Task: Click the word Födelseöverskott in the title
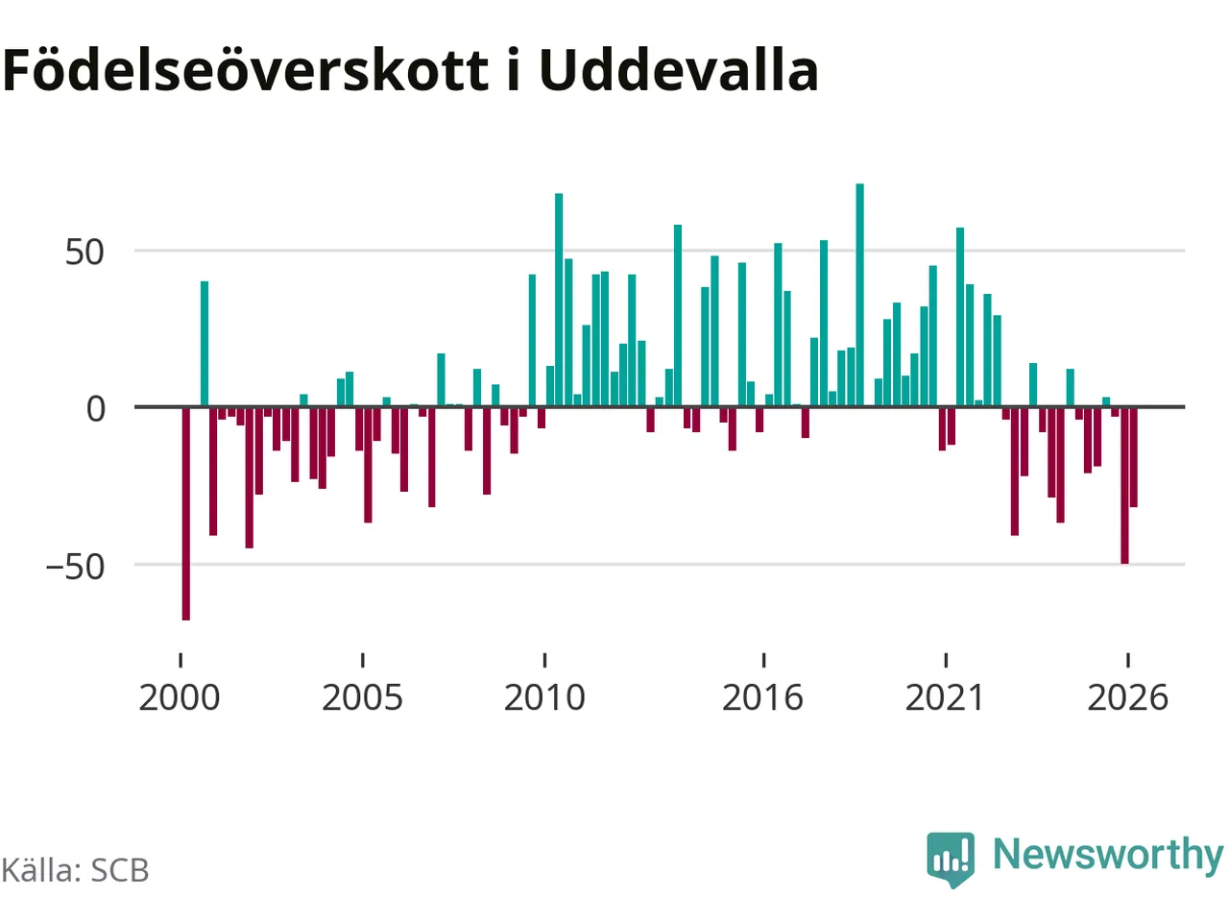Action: click(x=245, y=70)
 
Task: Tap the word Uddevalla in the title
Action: click(x=679, y=70)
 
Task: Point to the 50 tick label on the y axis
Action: click(x=84, y=253)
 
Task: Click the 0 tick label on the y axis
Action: click(x=96, y=409)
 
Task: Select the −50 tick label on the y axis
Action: click(x=75, y=567)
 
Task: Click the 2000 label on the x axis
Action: click(x=180, y=698)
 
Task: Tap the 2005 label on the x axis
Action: click(x=362, y=698)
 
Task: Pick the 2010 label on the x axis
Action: click(x=544, y=698)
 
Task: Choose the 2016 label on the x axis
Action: click(x=762, y=698)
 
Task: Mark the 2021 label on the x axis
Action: click(x=945, y=698)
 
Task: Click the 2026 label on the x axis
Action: click(x=1127, y=698)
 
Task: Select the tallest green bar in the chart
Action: click(x=860, y=295)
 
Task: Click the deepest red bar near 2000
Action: click(x=186, y=514)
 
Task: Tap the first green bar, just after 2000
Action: click(x=205, y=343)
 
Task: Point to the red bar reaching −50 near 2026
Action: click(x=1124, y=485)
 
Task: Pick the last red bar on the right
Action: click(x=1133, y=457)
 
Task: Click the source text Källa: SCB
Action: click(x=75, y=870)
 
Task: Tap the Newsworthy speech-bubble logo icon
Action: click(x=951, y=860)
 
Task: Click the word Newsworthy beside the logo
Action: click(x=1108, y=857)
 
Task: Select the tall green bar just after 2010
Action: click(x=559, y=300)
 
